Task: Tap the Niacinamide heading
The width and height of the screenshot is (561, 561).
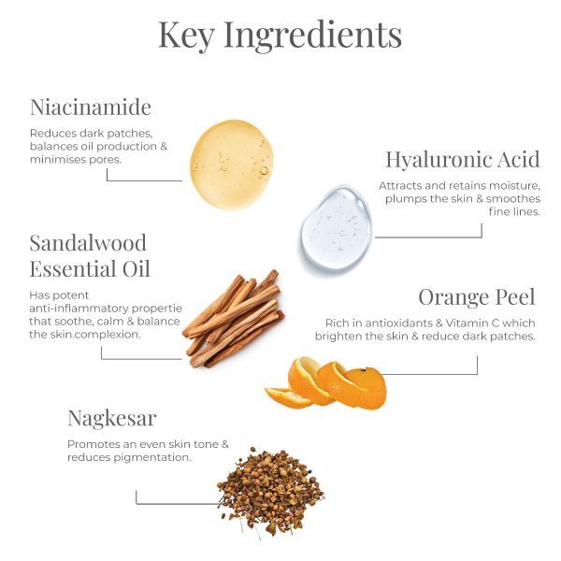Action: (x=90, y=107)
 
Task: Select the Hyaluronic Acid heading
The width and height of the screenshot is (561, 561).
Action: (x=462, y=159)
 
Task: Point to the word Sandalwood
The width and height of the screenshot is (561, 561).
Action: (x=88, y=244)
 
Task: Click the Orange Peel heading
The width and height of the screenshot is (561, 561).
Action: (x=476, y=297)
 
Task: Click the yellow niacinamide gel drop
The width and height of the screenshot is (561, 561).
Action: (x=231, y=165)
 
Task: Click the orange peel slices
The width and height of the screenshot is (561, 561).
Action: (x=327, y=384)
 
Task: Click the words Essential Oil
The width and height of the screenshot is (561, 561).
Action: (x=90, y=270)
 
